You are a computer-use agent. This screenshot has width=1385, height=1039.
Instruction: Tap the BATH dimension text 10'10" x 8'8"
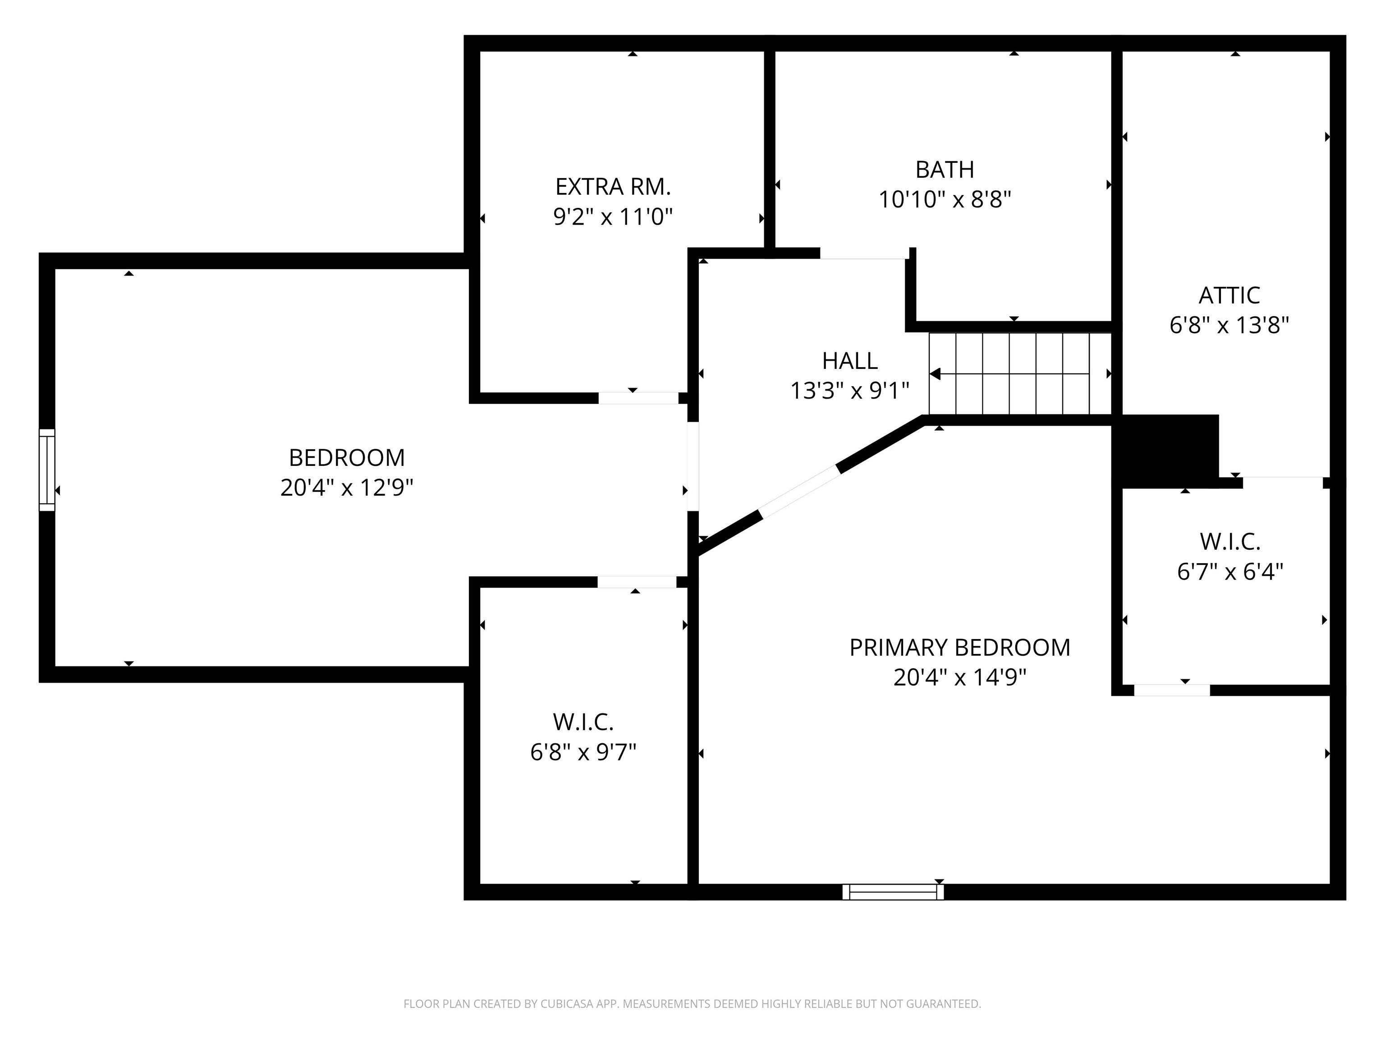(944, 200)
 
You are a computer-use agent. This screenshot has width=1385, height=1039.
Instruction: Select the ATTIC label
(1229, 295)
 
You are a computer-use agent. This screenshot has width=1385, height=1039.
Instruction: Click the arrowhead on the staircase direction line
(935, 374)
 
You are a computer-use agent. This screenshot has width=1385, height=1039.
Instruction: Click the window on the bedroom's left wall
(47, 470)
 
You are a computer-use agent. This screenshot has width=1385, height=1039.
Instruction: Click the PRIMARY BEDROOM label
(959, 648)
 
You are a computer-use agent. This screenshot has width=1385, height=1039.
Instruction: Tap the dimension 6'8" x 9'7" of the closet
(583, 752)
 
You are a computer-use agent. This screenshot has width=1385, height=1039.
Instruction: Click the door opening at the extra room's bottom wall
(638, 398)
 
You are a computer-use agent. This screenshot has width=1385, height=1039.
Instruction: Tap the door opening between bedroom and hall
(692, 467)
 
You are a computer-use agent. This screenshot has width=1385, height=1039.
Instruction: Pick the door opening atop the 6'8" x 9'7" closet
(636, 582)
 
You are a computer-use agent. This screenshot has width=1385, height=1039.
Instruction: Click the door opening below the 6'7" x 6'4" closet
(1171, 690)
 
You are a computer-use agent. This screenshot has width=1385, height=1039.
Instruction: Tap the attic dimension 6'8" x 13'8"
(1229, 326)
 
